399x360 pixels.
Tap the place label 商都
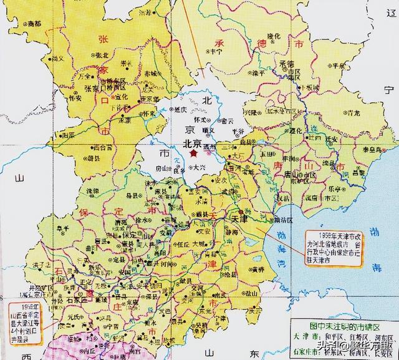point(34,23)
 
